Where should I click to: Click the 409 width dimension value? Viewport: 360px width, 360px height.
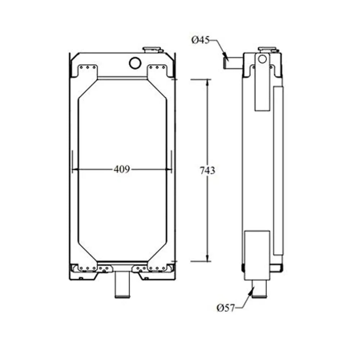coord(122,169)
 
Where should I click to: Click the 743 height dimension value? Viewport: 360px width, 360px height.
coord(208,170)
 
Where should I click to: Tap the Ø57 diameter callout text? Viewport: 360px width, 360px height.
coord(226,307)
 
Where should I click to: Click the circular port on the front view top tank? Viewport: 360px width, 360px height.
coord(135,63)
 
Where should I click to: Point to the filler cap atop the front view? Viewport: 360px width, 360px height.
coord(153,50)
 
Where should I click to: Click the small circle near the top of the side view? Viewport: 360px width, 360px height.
coord(263,58)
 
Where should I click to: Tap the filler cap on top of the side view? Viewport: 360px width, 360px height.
coord(267,49)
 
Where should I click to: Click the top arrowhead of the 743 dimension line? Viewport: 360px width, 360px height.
coord(208,82)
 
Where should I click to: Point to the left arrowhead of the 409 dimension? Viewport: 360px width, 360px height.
coord(76,169)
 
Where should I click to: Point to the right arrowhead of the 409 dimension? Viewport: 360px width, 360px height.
coord(168,169)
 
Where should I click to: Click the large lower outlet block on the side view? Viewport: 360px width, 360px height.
coord(257,256)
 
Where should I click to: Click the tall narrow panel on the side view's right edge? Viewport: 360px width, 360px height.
coord(278,169)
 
